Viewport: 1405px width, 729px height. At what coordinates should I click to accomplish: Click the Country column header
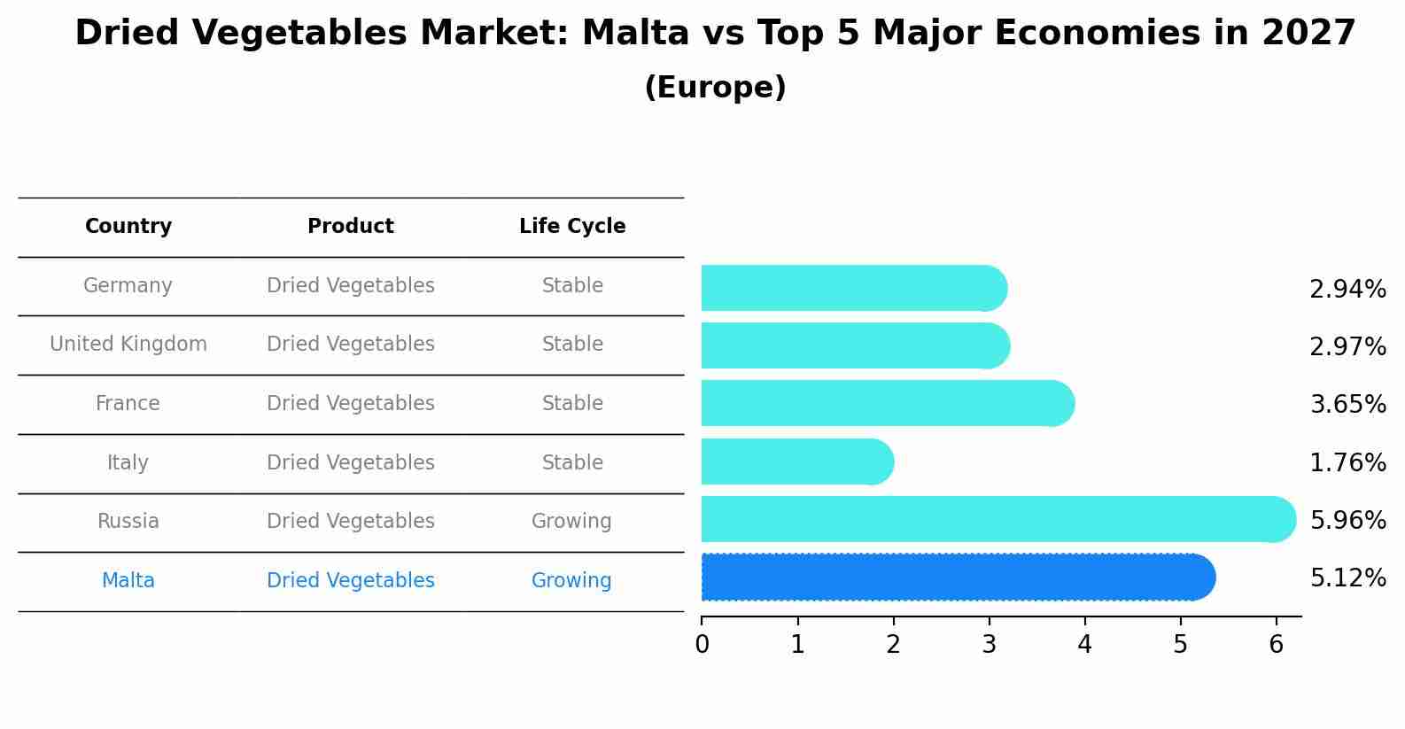[128, 227]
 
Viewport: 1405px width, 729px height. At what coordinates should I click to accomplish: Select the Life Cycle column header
[572, 227]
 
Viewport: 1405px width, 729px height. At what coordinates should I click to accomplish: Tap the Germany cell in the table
[128, 286]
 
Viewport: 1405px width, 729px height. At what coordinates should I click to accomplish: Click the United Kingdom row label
[128, 345]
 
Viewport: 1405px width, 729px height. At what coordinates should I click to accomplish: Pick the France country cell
[128, 404]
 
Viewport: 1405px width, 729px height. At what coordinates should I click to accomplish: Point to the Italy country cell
[128, 463]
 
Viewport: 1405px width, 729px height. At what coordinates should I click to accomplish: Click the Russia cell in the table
[128, 522]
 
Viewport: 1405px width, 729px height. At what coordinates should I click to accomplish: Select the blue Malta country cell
[128, 581]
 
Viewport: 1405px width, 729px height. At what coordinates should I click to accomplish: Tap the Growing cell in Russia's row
[571, 522]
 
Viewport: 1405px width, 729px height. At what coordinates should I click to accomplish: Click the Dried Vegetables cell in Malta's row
[351, 581]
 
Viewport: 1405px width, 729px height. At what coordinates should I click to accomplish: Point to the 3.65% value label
[1347, 405]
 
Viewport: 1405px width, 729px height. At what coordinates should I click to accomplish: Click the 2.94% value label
[1347, 290]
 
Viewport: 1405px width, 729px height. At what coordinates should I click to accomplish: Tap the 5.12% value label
[1347, 578]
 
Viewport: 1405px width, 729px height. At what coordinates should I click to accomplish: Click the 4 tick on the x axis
[1084, 645]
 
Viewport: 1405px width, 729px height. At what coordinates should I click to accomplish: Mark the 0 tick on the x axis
[702, 645]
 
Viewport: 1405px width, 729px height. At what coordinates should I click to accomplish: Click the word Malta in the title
[635, 34]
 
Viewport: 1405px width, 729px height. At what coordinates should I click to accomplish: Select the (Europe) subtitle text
[715, 88]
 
